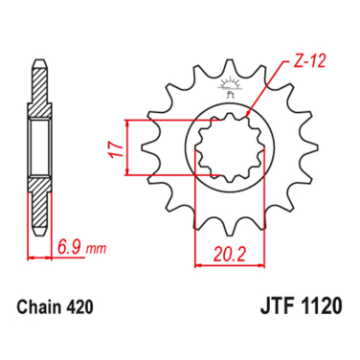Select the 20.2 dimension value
click(230, 255)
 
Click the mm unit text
click(96, 249)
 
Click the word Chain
click(39, 307)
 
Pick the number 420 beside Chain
click(79, 307)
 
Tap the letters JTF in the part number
click(278, 305)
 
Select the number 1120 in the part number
click(322, 305)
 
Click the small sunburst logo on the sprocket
click(229, 83)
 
